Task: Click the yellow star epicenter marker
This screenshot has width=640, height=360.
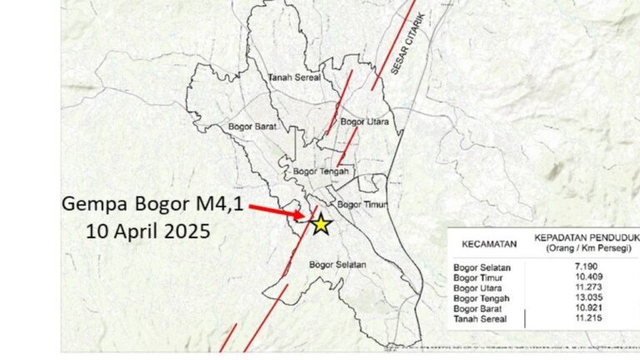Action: [x=321, y=223]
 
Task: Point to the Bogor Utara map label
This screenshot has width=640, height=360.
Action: [x=366, y=122]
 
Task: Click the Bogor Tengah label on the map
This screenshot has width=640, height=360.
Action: [x=319, y=172]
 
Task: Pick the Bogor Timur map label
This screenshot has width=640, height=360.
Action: [x=359, y=204]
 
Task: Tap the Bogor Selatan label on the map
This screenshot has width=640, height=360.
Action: [x=337, y=264]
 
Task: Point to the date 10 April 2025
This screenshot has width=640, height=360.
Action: [x=148, y=230]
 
